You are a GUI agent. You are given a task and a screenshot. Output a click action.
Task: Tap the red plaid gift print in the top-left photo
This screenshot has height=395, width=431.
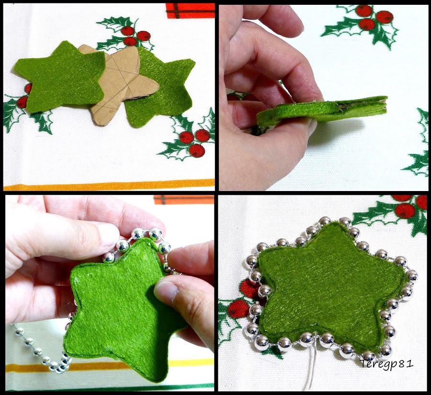tap(190, 11)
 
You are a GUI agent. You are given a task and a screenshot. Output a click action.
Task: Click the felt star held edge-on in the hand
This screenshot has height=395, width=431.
tap(322, 112)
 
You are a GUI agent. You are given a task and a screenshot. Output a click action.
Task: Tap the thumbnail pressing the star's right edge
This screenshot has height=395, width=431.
tap(166, 290)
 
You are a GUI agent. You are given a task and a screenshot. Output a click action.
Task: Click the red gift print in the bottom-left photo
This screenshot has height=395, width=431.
tap(183, 200)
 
